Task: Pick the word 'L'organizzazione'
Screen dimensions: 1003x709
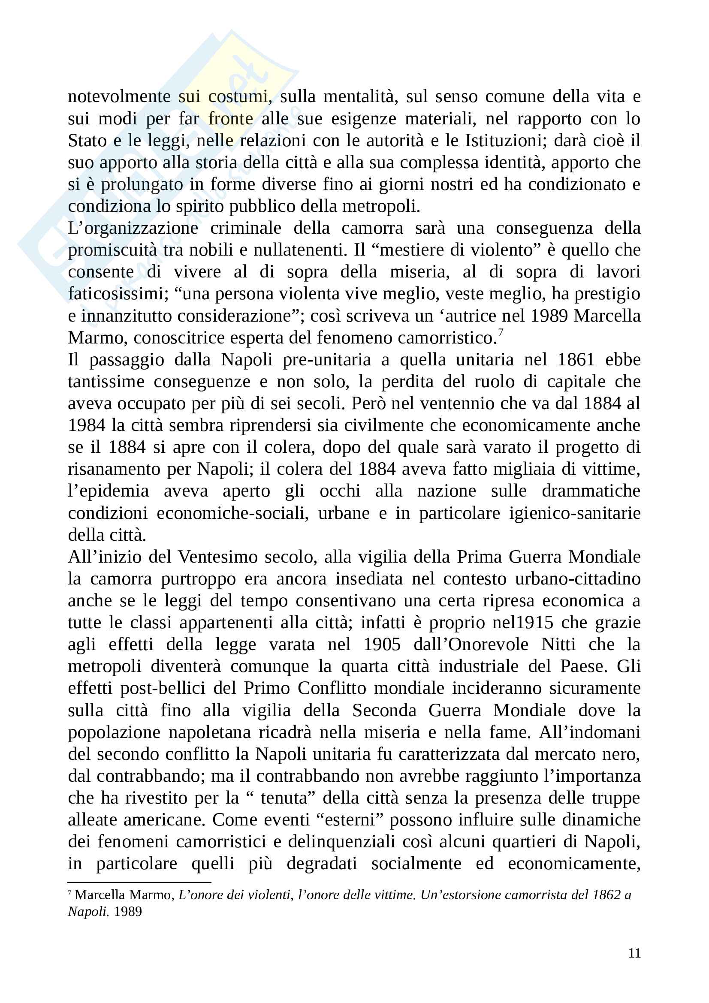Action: pyautogui.click(x=133, y=229)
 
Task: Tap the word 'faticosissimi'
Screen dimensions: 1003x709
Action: pyautogui.click(x=116, y=294)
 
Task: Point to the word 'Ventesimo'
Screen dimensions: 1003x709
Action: pyautogui.click(x=217, y=557)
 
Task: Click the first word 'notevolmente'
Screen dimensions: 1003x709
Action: pyautogui.click(x=119, y=96)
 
